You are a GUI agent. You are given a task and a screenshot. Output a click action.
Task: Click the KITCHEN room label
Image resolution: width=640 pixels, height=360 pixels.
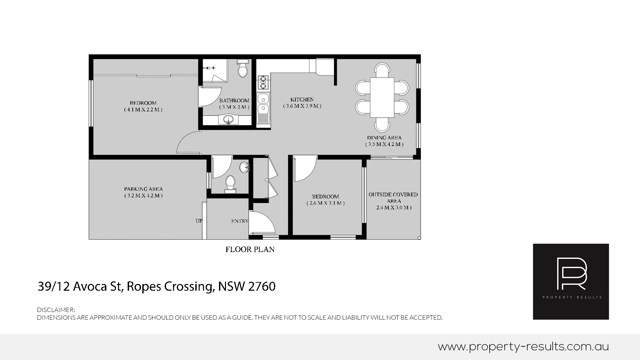coord(302,99)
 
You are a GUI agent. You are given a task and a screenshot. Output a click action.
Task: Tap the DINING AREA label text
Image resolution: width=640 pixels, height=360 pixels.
coord(384,138)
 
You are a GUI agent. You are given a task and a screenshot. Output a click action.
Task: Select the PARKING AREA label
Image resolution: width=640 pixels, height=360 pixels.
coord(143,189)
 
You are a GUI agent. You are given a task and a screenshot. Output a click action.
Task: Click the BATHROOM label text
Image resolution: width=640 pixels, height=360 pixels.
coord(234,100)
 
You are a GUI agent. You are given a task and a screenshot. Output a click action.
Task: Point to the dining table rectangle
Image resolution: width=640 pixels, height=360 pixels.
coord(382,97)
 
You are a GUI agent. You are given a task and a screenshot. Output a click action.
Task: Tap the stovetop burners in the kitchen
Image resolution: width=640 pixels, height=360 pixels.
coord(263,82)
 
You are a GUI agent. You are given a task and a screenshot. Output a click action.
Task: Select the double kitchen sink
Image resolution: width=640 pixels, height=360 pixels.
coord(263,104)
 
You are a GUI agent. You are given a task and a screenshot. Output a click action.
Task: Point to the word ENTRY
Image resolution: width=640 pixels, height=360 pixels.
coord(239,221)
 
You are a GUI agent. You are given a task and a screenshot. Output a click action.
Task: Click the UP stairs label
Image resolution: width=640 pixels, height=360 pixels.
coord(199,221)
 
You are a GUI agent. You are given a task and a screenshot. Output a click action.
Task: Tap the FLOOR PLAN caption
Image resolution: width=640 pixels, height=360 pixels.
coord(250,249)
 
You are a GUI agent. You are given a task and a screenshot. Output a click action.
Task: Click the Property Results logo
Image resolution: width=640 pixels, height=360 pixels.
coord(571,281)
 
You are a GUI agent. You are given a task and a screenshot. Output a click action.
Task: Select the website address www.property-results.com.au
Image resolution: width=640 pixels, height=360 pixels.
coord(523,347)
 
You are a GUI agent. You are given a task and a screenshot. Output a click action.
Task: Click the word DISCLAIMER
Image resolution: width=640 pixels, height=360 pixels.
coord(56,310)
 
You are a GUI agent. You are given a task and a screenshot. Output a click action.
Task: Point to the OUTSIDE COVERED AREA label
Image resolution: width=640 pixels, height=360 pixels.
coord(393,198)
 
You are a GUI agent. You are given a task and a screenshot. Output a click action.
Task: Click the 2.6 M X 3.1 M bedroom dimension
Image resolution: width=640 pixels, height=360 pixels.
coord(325,203)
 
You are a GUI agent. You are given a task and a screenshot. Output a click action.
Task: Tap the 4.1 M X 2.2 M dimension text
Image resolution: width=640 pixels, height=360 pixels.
coord(143,110)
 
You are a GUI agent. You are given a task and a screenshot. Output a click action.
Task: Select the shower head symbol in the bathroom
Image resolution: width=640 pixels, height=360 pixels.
coord(211,68)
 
